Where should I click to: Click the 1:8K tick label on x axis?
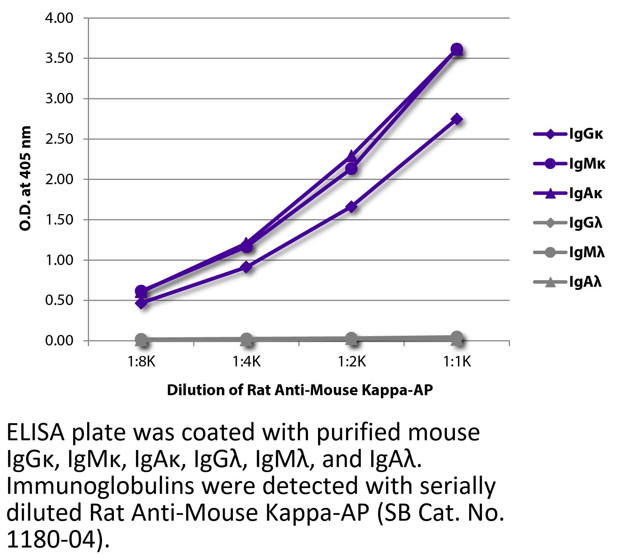click(x=142, y=362)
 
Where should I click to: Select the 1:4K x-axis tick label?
click(x=246, y=362)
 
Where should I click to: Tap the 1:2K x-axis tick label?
click(x=351, y=362)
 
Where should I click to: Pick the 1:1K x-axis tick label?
click(x=457, y=362)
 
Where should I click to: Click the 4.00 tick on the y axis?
click(x=59, y=18)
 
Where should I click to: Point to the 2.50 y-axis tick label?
click(x=59, y=139)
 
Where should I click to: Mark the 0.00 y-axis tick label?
click(x=59, y=341)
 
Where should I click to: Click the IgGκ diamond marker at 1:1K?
click(x=457, y=119)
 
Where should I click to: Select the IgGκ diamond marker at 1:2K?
click(x=351, y=207)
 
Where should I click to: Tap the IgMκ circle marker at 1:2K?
click(x=351, y=169)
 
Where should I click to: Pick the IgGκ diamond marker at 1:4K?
click(x=246, y=267)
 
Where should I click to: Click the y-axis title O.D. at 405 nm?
click(x=25, y=179)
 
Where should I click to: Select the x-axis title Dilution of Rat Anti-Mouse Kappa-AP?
click(x=299, y=390)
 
